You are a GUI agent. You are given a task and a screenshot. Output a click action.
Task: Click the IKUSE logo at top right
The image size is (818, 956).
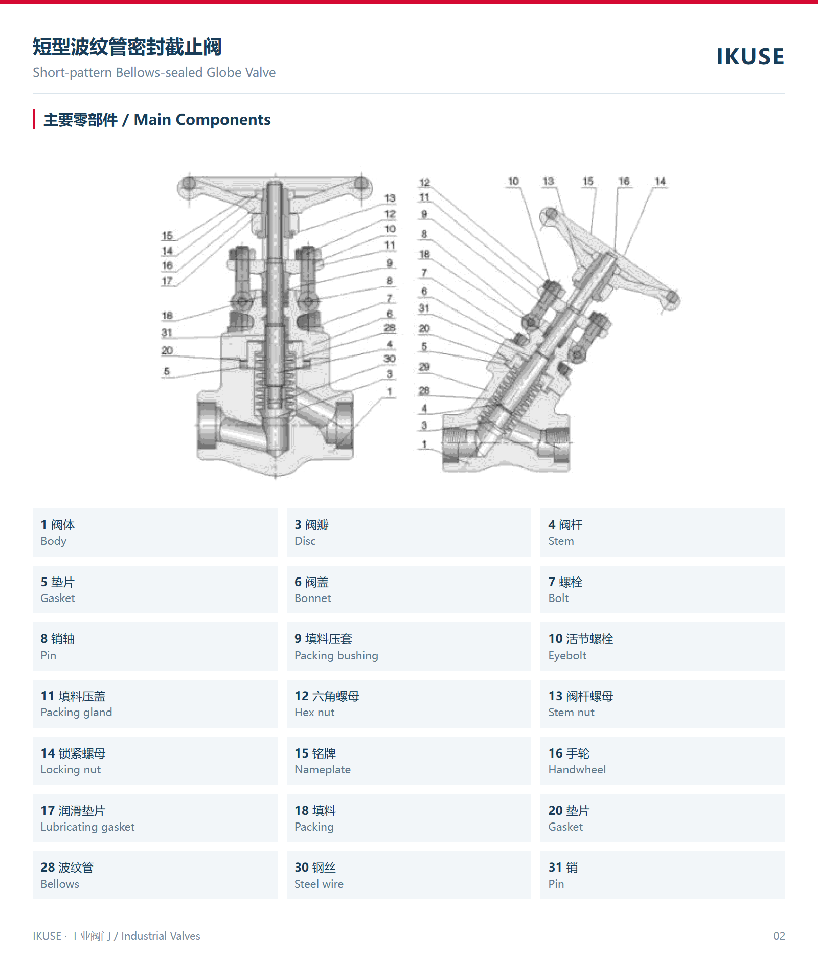pyautogui.click(x=750, y=56)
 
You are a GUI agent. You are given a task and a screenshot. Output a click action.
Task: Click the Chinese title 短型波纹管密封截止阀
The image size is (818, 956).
pyautogui.click(x=127, y=47)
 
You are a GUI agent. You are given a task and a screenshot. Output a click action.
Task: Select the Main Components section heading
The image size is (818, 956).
pyautogui.click(x=157, y=120)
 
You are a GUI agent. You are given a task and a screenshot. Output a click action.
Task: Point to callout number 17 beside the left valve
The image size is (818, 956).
pyautogui.click(x=167, y=281)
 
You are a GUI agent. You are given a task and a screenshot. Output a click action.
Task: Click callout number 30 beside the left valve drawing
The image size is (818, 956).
pyautogui.click(x=390, y=359)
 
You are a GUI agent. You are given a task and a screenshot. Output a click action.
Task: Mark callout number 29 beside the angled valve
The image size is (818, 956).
pyautogui.click(x=424, y=367)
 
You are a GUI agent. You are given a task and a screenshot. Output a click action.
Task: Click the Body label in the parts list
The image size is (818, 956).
pyautogui.click(x=54, y=541)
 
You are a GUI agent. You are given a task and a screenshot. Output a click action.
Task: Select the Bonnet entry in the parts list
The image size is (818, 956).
pyautogui.click(x=313, y=598)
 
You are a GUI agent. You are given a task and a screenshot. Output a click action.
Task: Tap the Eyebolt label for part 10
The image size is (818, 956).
pyautogui.click(x=567, y=655)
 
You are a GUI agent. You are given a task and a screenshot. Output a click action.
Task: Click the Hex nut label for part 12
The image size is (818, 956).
pyautogui.click(x=314, y=712)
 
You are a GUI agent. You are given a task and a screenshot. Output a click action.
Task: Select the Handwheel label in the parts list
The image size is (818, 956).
pyautogui.click(x=577, y=769)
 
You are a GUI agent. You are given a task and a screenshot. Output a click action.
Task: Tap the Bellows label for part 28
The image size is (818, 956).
pyautogui.click(x=60, y=884)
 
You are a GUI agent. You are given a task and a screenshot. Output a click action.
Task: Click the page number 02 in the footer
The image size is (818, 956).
pyautogui.click(x=779, y=936)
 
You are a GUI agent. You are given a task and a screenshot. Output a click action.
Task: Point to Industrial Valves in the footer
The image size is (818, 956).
pyautogui.click(x=161, y=936)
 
